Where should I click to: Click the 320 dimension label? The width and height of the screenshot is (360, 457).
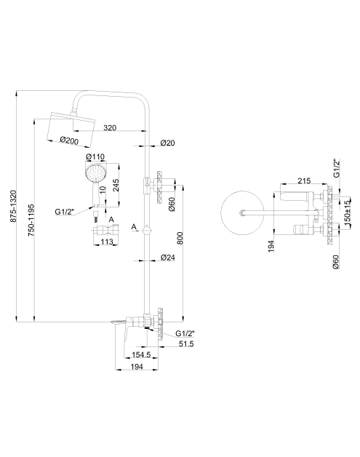(x=110, y=127)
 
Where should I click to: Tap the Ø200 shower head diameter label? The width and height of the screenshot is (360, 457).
(x=69, y=140)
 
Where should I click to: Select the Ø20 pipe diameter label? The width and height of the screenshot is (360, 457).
(x=167, y=143)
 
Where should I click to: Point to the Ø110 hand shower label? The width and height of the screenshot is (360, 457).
(x=95, y=156)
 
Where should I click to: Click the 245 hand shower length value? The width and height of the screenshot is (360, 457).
(x=116, y=185)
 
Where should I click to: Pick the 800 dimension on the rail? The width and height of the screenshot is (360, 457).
(x=180, y=238)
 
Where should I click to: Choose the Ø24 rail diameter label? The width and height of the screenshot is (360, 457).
(x=168, y=258)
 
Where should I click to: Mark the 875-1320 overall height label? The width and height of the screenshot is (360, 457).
(x=14, y=207)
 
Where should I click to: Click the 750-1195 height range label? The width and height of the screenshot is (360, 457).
(x=31, y=220)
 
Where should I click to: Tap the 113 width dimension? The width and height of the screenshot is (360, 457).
(x=107, y=242)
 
